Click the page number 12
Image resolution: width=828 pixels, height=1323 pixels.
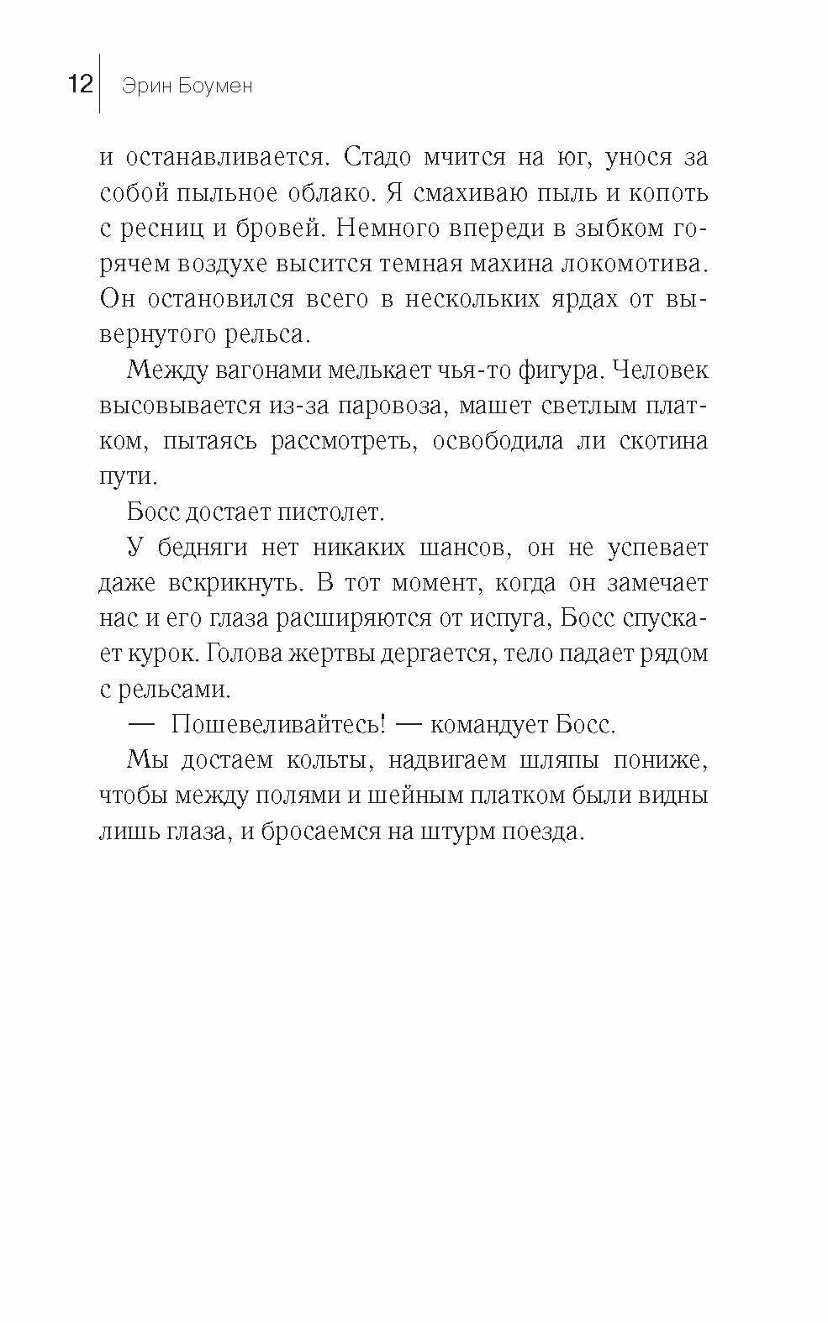tap(80, 85)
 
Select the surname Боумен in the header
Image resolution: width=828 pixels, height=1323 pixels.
tap(214, 86)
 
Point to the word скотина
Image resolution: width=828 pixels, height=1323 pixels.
tap(662, 441)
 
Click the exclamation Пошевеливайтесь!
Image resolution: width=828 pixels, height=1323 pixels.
tap(277, 724)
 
